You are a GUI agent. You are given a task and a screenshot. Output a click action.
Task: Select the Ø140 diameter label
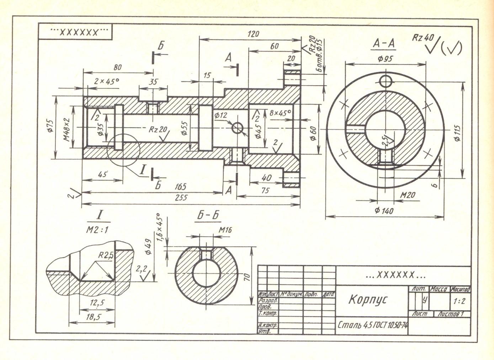click(x=384, y=211)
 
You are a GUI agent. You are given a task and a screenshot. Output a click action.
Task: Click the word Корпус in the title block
click(x=368, y=300)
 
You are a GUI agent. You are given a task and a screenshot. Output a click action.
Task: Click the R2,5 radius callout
click(x=106, y=255)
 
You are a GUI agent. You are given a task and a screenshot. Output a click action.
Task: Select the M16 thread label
click(x=225, y=230)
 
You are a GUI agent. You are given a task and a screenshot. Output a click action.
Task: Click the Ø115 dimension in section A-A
click(x=457, y=133)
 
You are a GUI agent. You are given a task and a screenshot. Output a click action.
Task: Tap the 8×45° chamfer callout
click(x=280, y=113)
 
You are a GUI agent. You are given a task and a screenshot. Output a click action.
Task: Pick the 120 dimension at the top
click(x=253, y=34)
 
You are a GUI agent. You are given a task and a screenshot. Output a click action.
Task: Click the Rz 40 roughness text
click(x=423, y=37)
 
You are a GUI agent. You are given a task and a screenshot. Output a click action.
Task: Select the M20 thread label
click(x=407, y=195)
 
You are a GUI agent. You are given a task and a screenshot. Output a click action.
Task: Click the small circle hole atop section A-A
click(x=385, y=81)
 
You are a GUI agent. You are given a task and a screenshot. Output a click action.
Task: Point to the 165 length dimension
click(x=181, y=187)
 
